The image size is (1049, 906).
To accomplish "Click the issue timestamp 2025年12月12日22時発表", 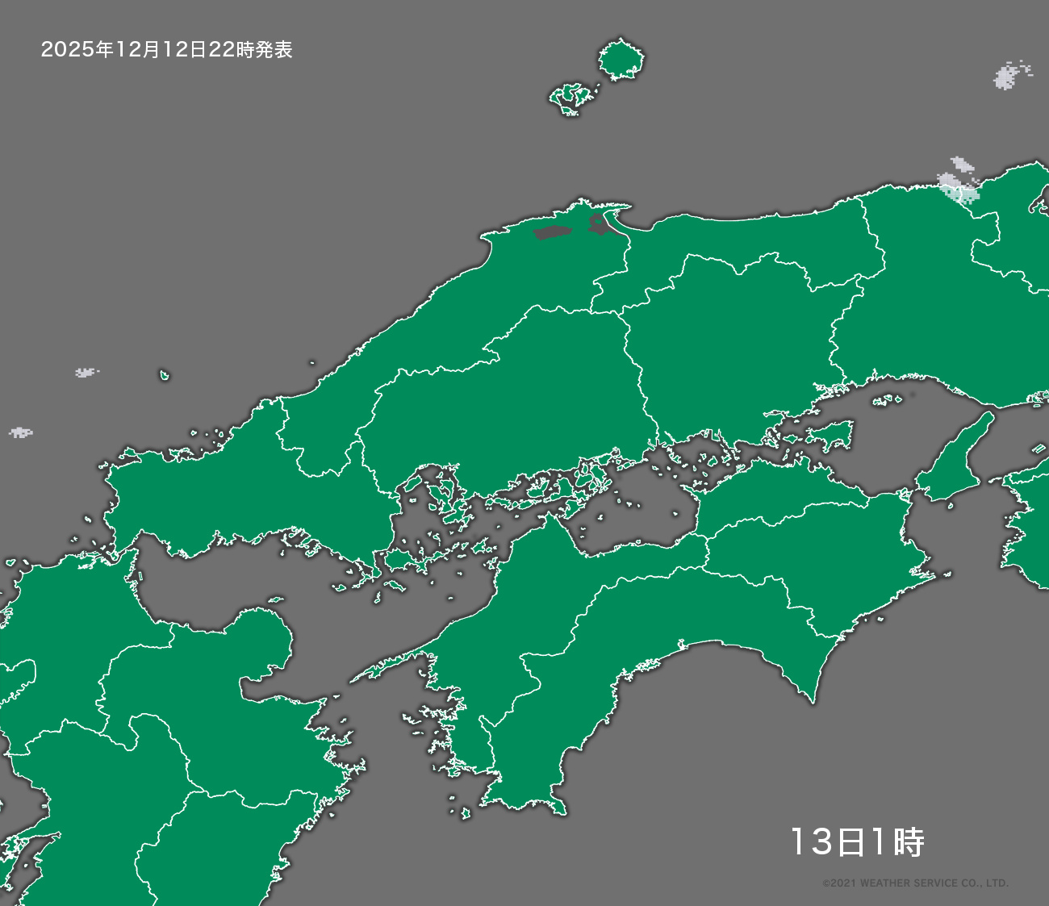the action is tap(166, 50).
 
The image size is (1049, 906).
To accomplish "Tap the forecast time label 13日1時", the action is tap(856, 842).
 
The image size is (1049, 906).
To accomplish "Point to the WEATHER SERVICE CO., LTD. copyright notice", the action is tap(915, 883).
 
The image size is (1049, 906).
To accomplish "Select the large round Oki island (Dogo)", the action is tap(621, 61).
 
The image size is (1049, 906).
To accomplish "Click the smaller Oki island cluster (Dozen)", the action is tap(574, 98).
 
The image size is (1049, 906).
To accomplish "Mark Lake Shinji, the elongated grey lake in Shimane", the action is tap(552, 233).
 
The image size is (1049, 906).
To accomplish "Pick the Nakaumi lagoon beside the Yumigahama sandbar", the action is tap(600, 223).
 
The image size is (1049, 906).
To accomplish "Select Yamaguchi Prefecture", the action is tap(242, 492).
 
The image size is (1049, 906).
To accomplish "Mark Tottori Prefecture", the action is tap(750, 242).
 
